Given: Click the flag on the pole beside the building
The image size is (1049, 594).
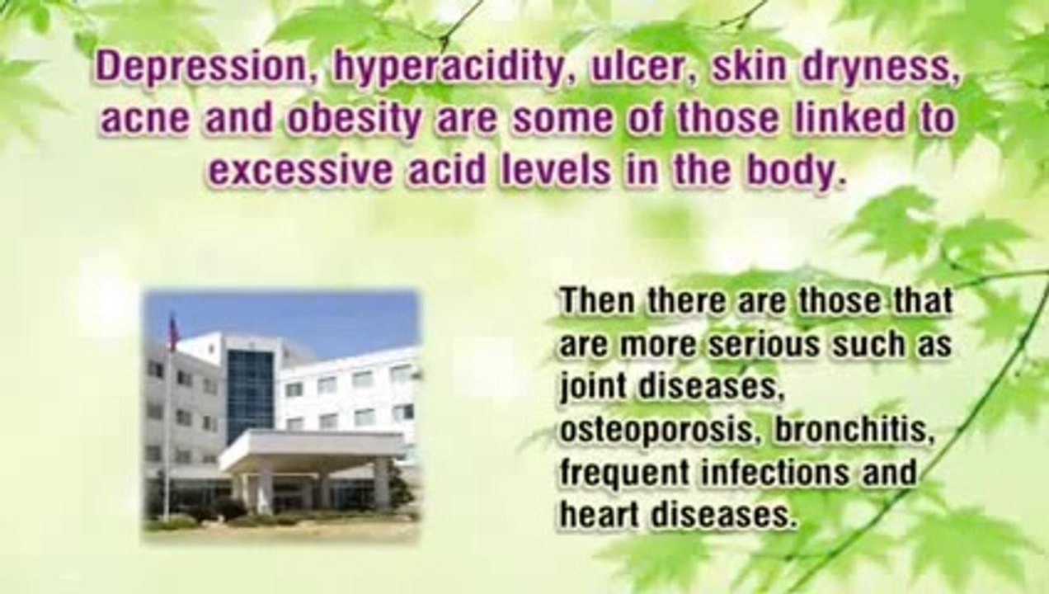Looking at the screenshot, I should pyautogui.click(x=172, y=332).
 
